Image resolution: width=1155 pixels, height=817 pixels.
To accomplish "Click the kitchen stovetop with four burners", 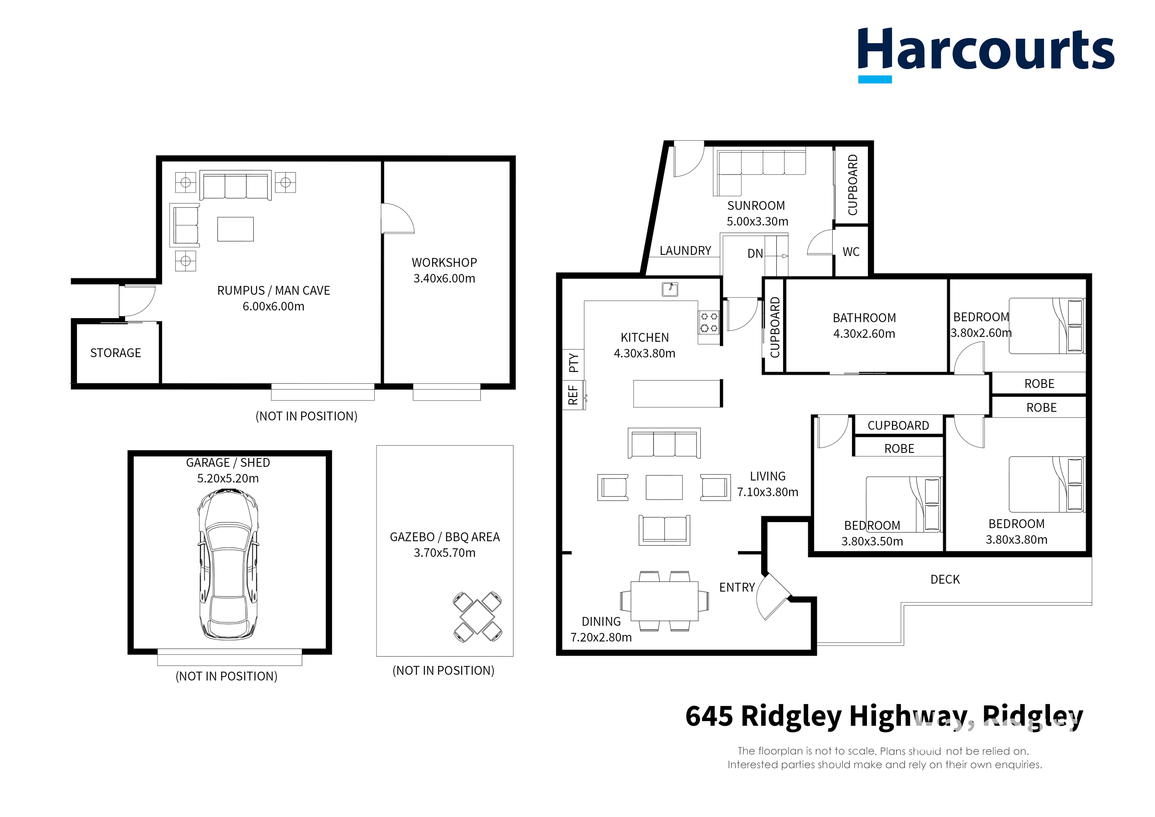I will tap(709, 323).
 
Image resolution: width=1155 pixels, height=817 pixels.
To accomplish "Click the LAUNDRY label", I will tap(685, 251).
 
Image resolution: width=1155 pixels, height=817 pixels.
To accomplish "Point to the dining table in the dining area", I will tap(664, 601).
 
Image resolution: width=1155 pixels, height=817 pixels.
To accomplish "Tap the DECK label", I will tap(945, 579).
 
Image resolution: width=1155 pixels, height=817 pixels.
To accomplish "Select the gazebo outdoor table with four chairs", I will tap(477, 617).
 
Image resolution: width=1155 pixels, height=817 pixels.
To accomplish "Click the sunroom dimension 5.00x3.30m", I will tap(757, 222).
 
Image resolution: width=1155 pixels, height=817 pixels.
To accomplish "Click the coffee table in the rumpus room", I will tap(235, 229).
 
